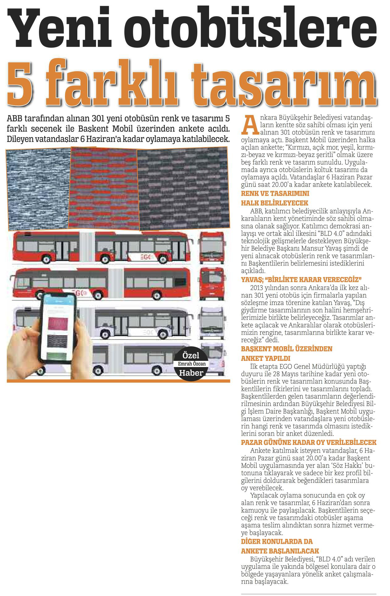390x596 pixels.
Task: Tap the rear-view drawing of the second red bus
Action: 212,284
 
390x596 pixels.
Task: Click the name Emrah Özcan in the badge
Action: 192,364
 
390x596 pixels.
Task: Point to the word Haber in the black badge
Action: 191,373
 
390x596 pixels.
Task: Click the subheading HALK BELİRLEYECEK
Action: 270,203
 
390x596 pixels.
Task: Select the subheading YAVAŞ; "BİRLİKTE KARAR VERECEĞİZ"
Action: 301,280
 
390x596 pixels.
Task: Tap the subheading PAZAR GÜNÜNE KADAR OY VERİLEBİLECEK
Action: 308,442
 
